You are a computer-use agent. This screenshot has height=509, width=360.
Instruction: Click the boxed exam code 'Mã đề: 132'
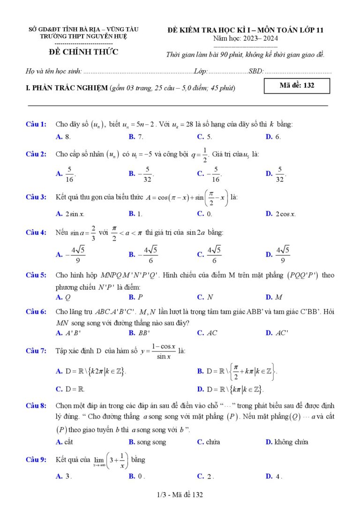(297, 86)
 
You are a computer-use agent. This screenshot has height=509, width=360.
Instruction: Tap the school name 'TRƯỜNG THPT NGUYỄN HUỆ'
(83, 37)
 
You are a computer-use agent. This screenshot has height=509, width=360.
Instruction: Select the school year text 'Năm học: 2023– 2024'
(245, 38)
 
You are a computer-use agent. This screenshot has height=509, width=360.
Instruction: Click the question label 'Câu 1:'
(36, 124)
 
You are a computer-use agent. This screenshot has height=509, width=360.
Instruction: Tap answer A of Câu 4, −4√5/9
(70, 254)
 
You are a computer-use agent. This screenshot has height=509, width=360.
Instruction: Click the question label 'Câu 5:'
(36, 275)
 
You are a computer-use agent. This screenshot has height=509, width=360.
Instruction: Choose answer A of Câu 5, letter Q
(64, 297)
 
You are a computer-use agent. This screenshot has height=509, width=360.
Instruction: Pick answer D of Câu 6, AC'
(277, 333)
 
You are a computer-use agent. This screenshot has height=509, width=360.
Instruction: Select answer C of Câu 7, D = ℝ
(70, 389)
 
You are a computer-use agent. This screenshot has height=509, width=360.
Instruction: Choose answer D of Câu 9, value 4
(274, 476)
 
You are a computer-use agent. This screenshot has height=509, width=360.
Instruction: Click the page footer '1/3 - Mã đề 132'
(180, 494)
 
